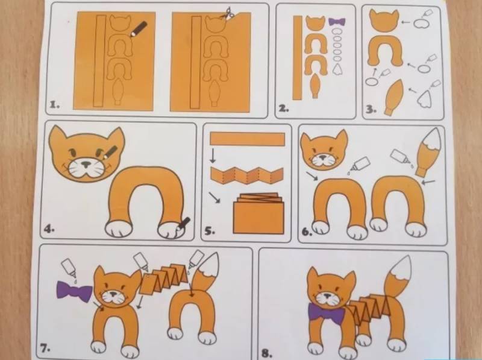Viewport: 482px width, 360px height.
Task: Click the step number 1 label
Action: click(55, 105)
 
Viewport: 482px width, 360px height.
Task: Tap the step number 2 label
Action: click(284, 108)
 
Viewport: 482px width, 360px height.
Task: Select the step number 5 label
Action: click(210, 231)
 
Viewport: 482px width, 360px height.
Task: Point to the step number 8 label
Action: click(266, 353)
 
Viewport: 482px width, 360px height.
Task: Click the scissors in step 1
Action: click(228, 14)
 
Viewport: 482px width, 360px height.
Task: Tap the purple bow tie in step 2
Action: click(337, 22)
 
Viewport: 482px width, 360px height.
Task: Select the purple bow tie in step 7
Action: click(74, 290)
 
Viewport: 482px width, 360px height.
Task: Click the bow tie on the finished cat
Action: click(327, 313)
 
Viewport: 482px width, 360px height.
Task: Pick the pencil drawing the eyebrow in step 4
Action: click(110, 153)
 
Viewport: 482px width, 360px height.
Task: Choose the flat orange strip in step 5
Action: click(248, 139)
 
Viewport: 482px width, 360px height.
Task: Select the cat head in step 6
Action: click(324, 150)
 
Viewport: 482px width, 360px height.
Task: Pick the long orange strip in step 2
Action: click(297, 58)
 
